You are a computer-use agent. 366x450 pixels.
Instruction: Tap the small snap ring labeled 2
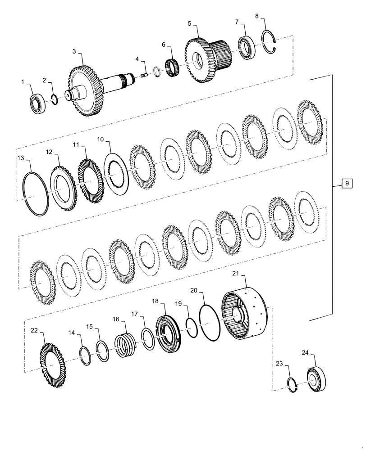pyautogui.click(x=54, y=100)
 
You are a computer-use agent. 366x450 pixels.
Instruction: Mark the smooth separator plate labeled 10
pyautogui.click(x=117, y=173)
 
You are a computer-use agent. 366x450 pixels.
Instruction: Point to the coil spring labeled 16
pyautogui.click(x=124, y=345)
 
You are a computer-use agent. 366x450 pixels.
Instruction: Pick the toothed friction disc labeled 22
pyautogui.click(x=52, y=362)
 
